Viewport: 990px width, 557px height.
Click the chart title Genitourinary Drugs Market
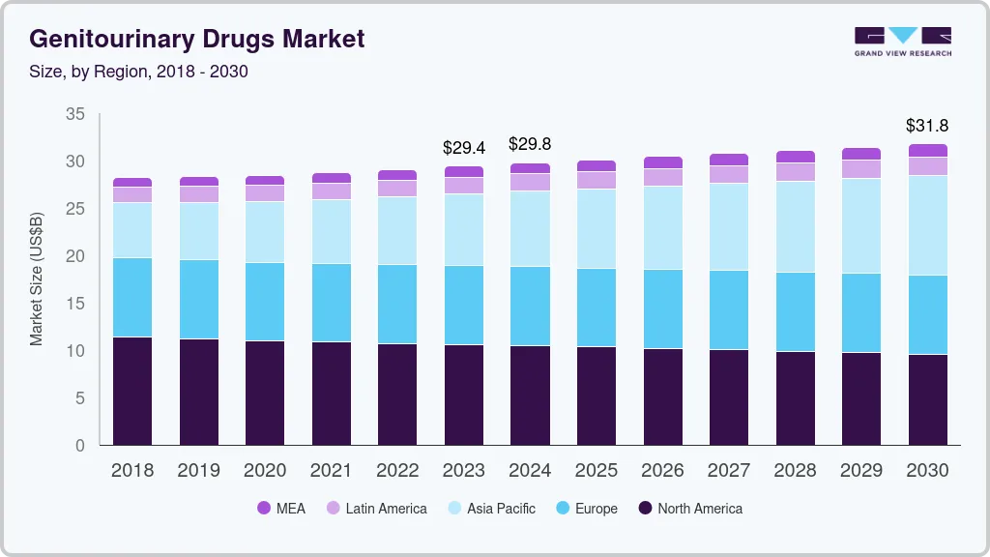(x=197, y=40)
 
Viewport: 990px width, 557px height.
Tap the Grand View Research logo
(x=902, y=41)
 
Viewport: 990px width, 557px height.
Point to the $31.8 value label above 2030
(x=927, y=126)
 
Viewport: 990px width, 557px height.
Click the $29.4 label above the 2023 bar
(x=463, y=148)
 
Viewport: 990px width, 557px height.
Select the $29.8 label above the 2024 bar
(x=530, y=144)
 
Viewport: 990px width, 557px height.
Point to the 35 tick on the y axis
(x=74, y=114)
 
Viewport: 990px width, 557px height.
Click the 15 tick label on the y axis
(x=74, y=304)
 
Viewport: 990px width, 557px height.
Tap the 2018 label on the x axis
(x=132, y=471)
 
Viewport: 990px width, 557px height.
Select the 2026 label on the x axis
(x=662, y=471)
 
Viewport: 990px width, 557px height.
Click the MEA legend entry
(x=281, y=509)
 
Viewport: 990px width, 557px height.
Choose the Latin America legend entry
(x=376, y=509)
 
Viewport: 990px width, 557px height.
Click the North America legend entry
(x=689, y=509)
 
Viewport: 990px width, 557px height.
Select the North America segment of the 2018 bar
(x=132, y=391)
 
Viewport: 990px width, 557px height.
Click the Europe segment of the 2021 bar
(x=331, y=303)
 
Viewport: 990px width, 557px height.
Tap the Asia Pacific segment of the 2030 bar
(x=927, y=225)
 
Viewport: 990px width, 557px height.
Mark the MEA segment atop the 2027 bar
(x=728, y=160)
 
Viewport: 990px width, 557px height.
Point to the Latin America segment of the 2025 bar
(x=596, y=180)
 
